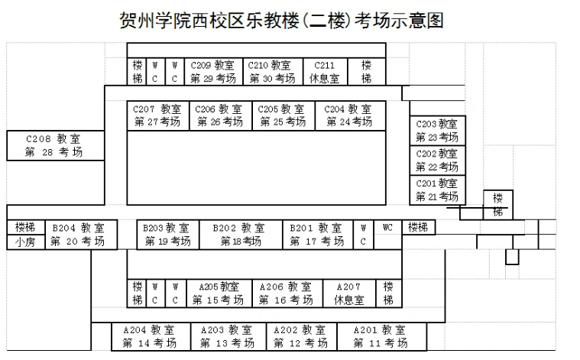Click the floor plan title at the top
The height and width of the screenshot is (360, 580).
tap(282, 19)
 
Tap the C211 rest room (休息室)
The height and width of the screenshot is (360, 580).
tap(324, 72)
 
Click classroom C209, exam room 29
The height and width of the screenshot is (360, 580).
tap(212, 72)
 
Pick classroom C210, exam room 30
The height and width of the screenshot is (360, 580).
tap(271, 72)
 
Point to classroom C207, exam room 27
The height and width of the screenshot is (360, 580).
tap(157, 115)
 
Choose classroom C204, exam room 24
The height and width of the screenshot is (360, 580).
tap(348, 115)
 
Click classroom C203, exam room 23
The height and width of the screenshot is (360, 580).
tap(436, 131)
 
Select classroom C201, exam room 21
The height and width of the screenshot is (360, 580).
tap(436, 190)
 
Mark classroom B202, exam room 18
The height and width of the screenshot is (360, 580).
tap(240, 235)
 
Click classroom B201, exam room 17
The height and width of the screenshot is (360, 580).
tap(316, 235)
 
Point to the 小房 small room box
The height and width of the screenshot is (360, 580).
tap(21, 242)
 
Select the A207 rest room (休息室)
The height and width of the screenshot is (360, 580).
tap(348, 294)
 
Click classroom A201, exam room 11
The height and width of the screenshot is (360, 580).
tap(381, 336)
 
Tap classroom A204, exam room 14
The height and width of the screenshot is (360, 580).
tap(150, 336)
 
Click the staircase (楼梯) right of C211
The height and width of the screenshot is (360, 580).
tap(367, 72)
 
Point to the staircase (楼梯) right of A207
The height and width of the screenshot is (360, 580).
tap(389, 294)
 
